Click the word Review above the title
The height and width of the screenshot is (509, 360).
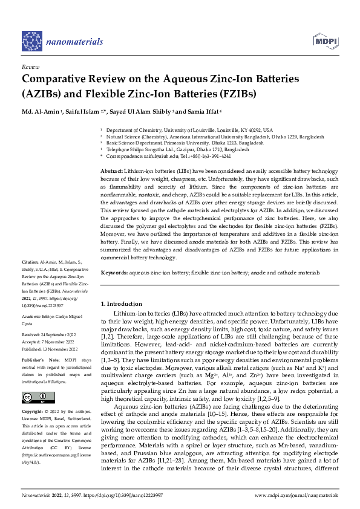point(30,67)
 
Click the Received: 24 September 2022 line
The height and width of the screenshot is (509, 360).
point(56,334)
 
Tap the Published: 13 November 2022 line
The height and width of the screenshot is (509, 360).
point(56,349)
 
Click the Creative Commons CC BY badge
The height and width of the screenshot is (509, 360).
point(34,397)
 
